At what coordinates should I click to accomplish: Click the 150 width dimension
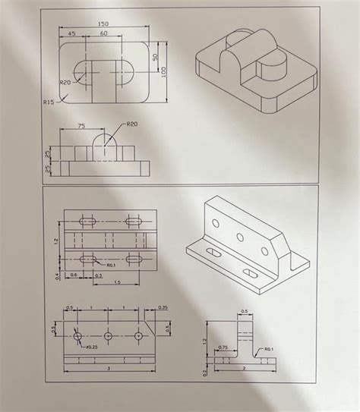103,24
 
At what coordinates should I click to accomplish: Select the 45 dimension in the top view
71,34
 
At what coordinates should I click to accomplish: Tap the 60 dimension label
103,34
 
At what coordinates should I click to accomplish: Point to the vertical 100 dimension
164,70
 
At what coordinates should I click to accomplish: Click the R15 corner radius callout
49,99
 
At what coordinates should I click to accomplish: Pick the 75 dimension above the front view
81,126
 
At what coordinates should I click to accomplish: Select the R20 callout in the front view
132,124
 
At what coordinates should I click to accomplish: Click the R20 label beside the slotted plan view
65,82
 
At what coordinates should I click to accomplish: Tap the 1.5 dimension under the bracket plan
116,282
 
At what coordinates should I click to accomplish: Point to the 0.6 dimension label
74,275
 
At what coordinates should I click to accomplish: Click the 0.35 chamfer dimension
163,307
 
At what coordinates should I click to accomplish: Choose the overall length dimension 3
109,368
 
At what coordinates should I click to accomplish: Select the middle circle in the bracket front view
109,335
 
